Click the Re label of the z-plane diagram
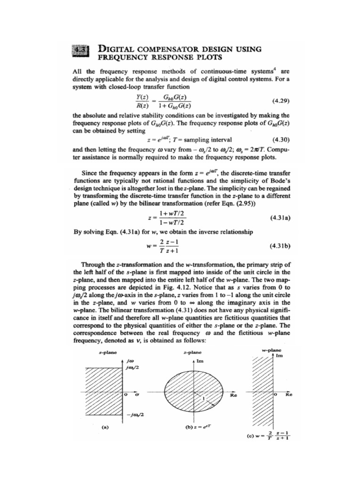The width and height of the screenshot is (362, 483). pos(233,396)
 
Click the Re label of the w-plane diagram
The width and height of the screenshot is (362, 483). pos(288,396)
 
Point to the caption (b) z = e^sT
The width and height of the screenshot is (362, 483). pos(193,427)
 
